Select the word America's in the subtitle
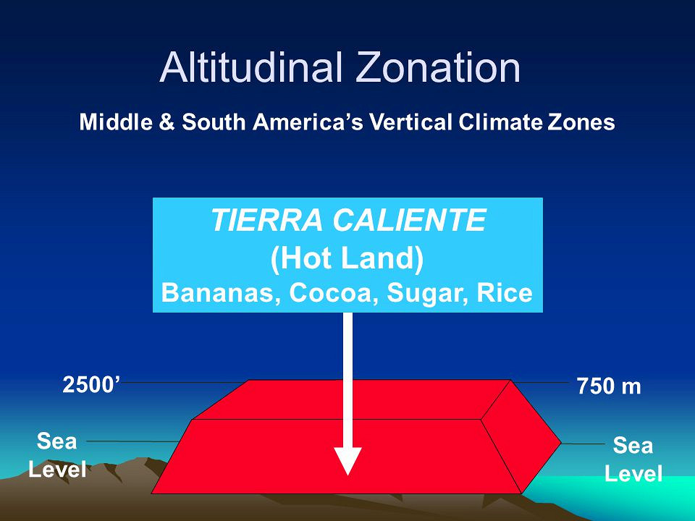[308, 122]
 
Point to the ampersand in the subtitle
[167, 122]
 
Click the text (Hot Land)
[347, 258]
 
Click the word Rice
[505, 293]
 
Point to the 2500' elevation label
[91, 384]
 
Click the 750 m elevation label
[609, 386]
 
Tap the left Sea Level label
[57, 455]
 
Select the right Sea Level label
[633, 459]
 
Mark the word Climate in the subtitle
[500, 122]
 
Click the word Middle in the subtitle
[116, 122]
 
